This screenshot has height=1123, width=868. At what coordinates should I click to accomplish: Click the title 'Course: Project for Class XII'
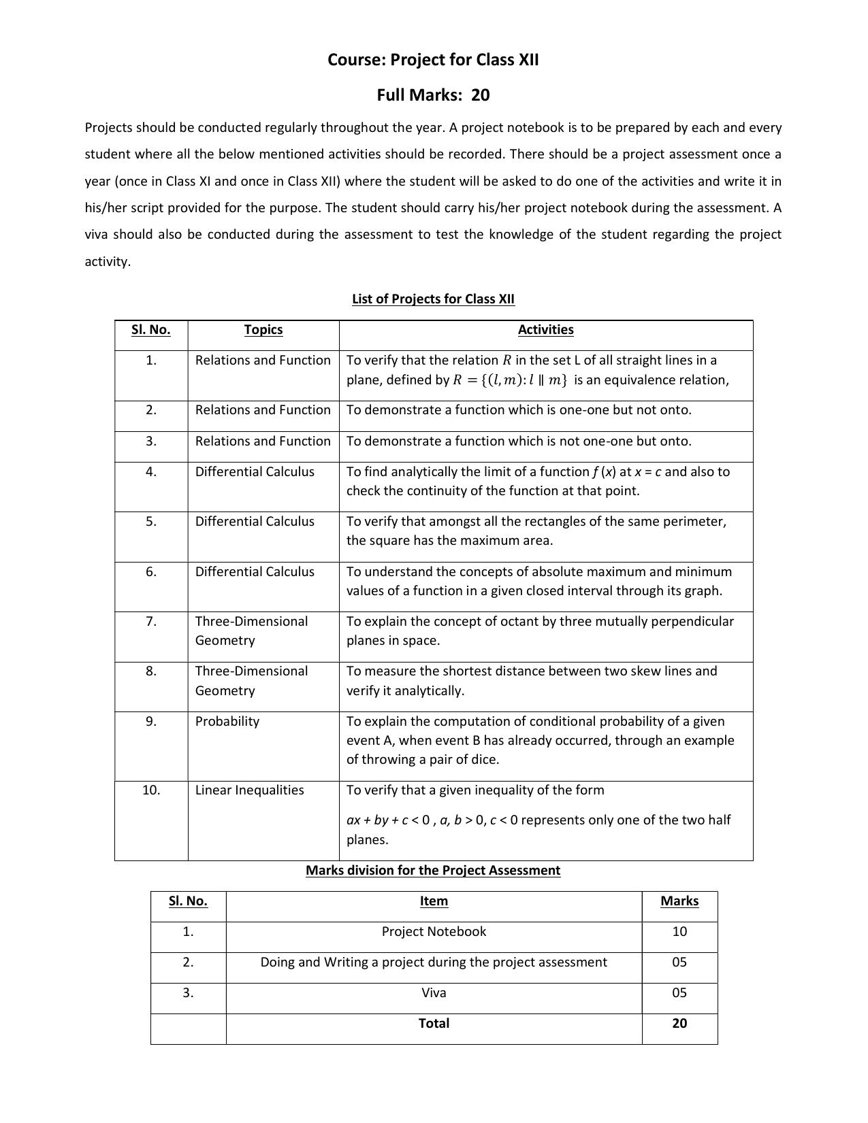433,60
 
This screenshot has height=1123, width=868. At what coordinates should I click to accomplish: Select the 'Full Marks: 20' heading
433,95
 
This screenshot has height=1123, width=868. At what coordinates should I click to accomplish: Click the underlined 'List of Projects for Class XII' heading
433,299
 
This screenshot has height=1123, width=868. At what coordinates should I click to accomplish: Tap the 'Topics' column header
263,330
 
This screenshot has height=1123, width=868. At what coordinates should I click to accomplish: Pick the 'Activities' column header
545,330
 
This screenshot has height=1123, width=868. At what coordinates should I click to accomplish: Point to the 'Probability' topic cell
227,722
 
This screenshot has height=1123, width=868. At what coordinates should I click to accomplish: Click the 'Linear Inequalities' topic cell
249,790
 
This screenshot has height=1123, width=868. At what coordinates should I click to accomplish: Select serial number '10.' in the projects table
151,790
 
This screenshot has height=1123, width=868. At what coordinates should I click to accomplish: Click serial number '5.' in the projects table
151,522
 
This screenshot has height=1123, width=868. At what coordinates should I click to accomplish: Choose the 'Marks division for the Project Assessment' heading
433,871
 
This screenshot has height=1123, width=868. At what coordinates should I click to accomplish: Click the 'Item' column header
434,901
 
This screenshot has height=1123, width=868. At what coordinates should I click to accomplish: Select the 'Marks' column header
679,901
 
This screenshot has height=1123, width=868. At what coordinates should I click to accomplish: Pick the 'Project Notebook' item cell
434,932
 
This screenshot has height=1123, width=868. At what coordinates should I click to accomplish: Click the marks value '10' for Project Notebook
679,932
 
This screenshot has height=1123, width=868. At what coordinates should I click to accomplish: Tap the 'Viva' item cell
434,993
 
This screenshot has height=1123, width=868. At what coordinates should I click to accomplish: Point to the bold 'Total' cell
434,1024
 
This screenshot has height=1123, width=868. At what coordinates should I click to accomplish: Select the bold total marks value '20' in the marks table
679,1024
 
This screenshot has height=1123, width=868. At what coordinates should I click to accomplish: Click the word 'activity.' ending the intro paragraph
108,262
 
